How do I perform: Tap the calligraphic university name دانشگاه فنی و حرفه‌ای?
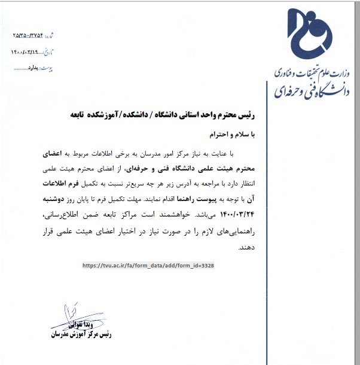[307, 89]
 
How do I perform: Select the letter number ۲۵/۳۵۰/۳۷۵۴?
[34, 35]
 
